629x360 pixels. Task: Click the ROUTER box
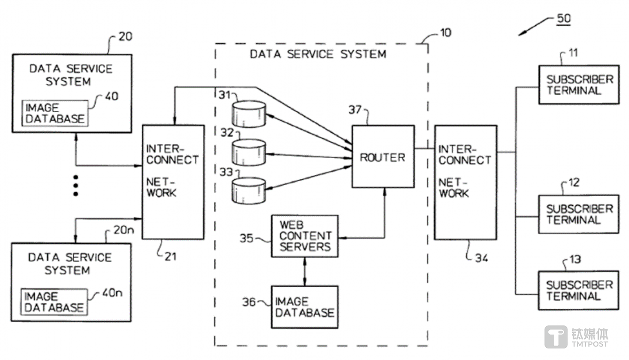383,156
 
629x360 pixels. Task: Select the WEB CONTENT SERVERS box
305,236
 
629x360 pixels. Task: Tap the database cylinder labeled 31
249,114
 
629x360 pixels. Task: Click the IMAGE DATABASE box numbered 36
305,307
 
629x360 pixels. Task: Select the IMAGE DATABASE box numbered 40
55,113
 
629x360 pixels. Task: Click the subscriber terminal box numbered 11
579,85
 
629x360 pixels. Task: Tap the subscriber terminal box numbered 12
579,214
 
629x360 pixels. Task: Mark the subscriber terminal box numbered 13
579,291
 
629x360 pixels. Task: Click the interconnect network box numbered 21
173,182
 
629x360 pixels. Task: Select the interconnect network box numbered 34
466,182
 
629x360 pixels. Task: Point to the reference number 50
563,18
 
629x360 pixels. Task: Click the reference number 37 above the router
355,110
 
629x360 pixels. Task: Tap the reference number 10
445,32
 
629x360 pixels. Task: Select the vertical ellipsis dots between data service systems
76,186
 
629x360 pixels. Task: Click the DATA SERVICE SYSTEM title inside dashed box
318,54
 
